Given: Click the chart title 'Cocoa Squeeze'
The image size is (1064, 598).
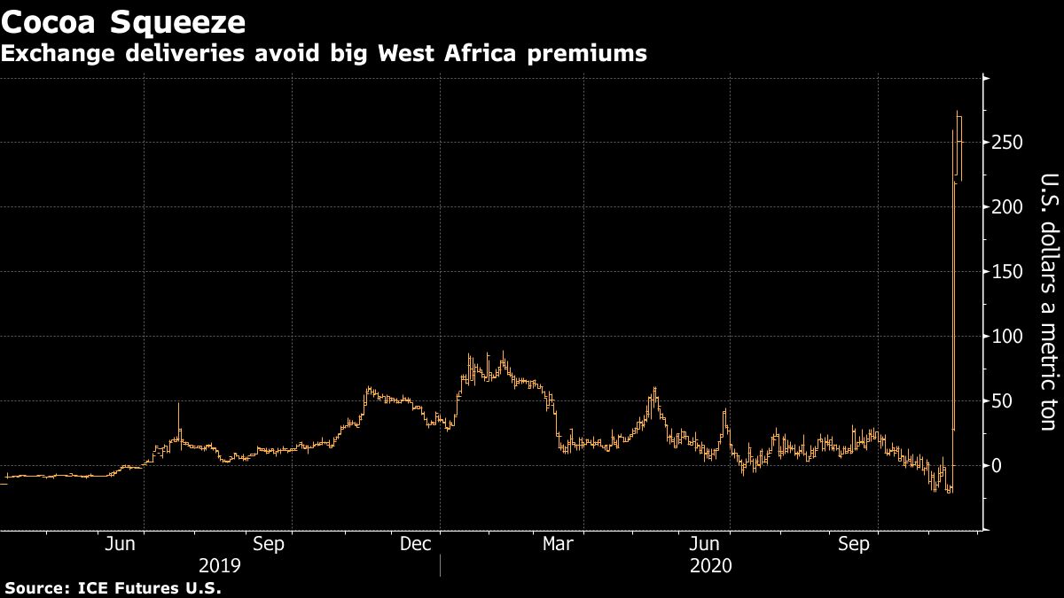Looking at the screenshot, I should click(123, 20).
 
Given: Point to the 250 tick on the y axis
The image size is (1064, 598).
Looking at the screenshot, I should click(1008, 143).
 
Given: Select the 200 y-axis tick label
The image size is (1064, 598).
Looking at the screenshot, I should click(1008, 207).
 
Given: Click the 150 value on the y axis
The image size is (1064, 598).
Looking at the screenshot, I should click(1008, 272).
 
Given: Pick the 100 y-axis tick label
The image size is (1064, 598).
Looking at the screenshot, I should click(1008, 337).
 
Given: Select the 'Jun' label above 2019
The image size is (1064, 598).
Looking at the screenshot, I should click(121, 544).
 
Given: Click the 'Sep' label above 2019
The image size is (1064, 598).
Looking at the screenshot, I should click(269, 544).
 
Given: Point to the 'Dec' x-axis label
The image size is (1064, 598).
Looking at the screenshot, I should click(415, 544).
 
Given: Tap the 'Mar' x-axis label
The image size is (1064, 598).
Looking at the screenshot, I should click(559, 544).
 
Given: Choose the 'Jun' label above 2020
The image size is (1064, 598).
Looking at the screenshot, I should click(707, 544).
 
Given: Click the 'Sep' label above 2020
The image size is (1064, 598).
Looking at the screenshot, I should click(854, 544).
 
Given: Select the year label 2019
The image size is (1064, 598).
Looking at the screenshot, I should click(219, 565).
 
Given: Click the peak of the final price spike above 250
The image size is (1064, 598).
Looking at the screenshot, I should click(958, 111).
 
